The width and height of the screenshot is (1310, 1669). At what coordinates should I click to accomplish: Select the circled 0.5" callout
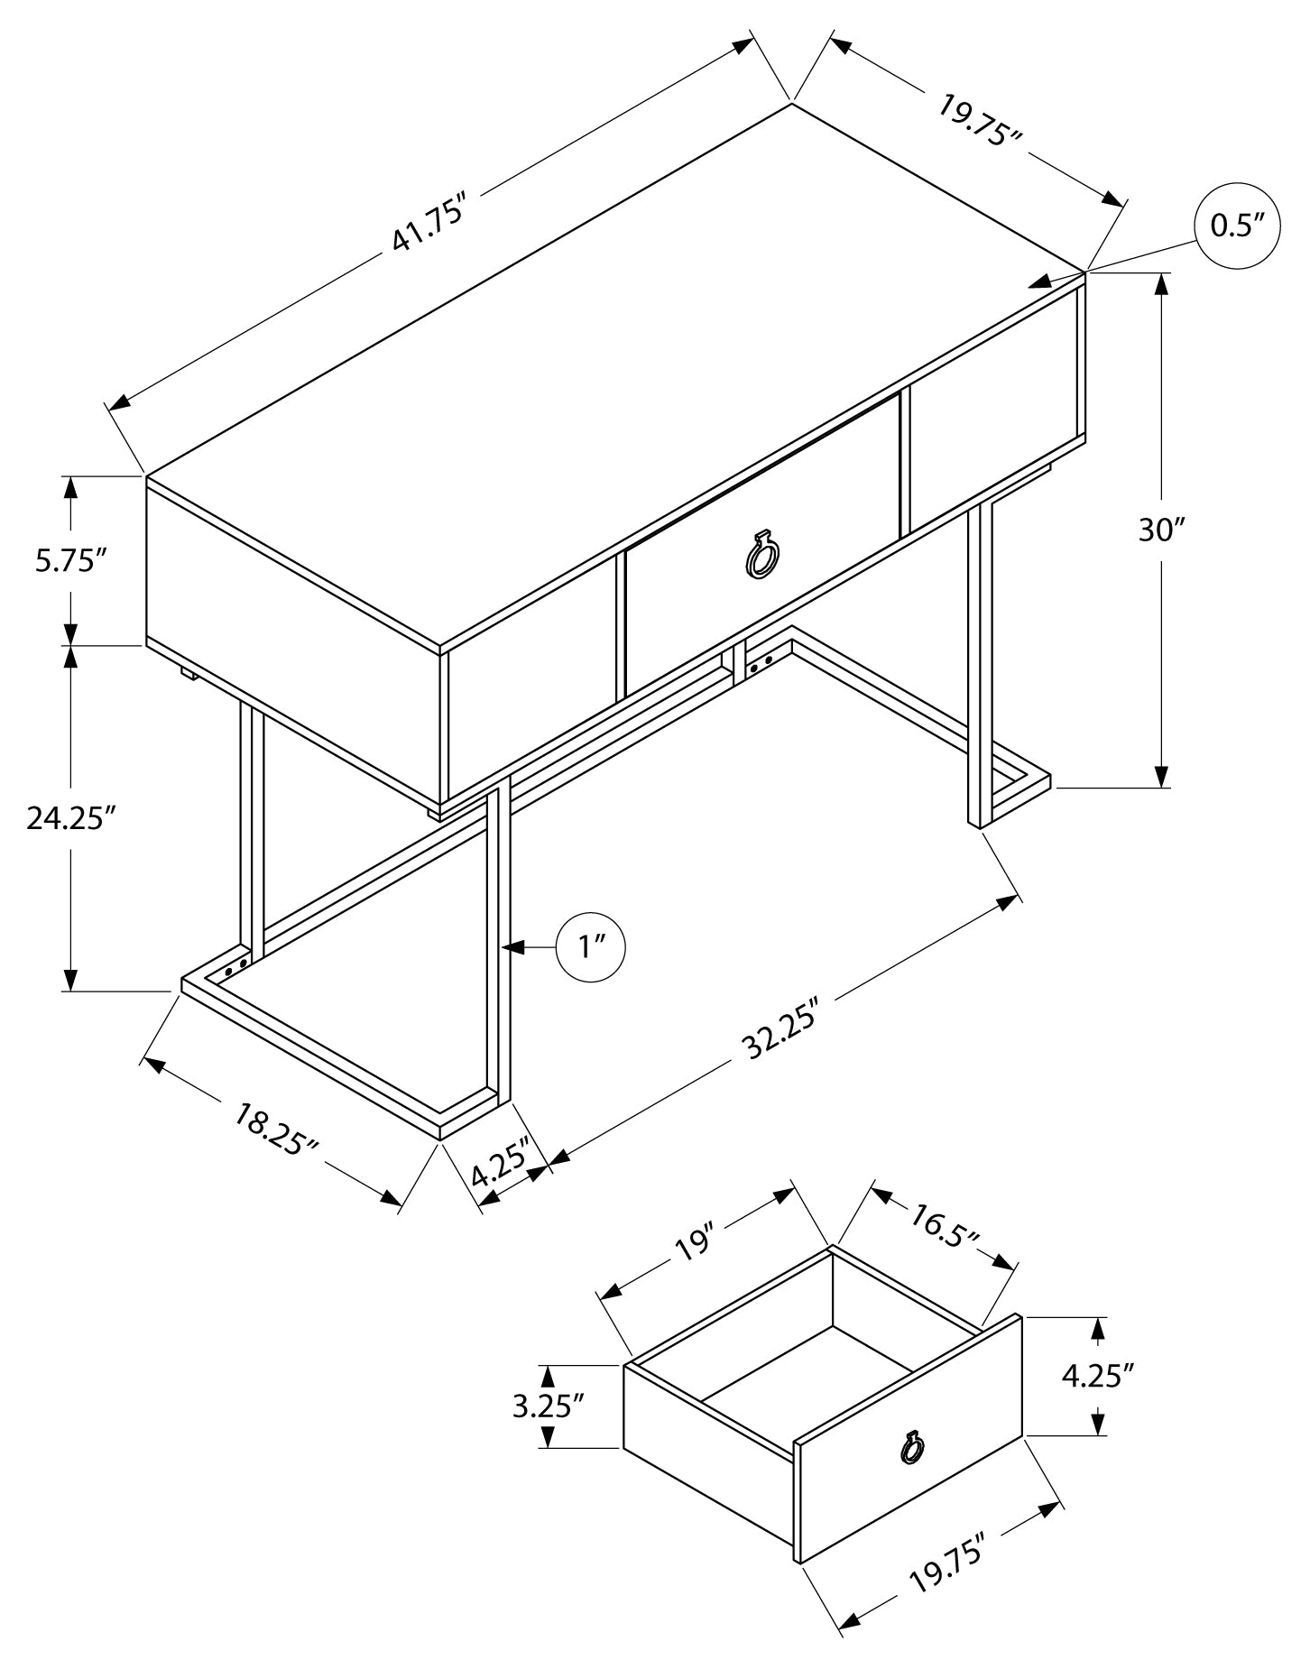tap(1238, 226)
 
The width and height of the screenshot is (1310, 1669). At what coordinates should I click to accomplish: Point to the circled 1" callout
tap(591, 946)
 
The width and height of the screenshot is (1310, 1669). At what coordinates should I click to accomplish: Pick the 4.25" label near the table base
tap(500, 1167)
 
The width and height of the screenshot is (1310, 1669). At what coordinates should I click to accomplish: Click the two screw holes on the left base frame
tap(235, 967)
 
